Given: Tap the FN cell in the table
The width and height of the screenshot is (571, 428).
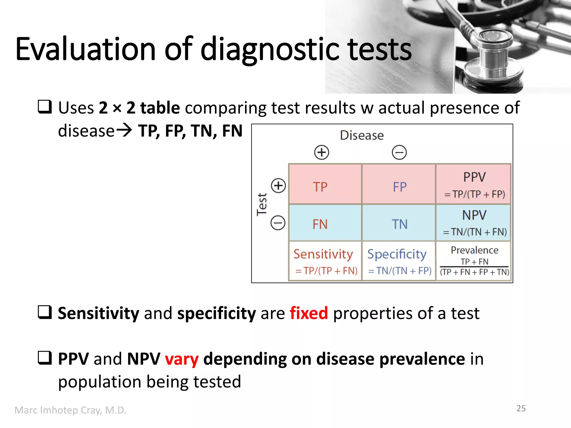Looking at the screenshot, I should pos(325,223).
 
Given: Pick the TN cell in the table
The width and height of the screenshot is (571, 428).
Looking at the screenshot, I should pos(399,223).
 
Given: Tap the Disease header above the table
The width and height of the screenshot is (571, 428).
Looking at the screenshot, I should pos(362,135).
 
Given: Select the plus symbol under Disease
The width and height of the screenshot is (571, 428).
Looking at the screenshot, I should pos(321,152).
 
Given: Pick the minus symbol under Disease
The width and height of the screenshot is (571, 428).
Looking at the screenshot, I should pos(399,152).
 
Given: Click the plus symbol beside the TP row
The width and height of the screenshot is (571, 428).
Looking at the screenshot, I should pos(278,185).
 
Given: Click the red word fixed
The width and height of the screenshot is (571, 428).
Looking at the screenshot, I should pos(309,313).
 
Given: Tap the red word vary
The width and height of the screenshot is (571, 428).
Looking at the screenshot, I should pos(182,359).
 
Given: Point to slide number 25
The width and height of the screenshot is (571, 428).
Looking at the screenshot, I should pos(521,408).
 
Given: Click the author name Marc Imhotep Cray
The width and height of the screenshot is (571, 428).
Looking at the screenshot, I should pos(70,410).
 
